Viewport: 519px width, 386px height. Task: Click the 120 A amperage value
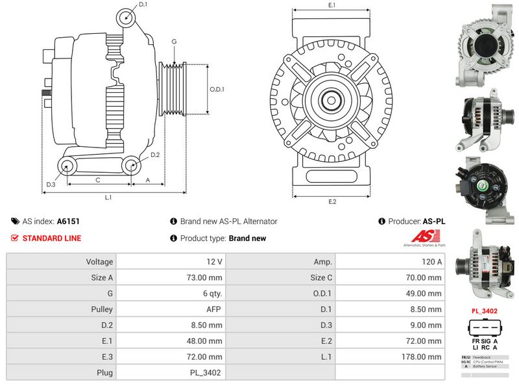click(x=430, y=262)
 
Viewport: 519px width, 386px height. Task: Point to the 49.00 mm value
click(x=426, y=294)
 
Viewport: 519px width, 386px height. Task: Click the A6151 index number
click(x=68, y=222)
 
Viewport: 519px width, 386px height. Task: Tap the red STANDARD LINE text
click(x=52, y=238)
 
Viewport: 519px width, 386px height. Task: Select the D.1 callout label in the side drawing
click(x=143, y=5)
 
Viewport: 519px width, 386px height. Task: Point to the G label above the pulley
click(x=174, y=42)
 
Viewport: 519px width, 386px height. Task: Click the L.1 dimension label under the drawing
click(x=108, y=197)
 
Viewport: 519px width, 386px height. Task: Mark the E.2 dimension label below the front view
click(x=332, y=201)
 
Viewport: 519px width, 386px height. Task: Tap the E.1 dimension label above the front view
click(x=332, y=5)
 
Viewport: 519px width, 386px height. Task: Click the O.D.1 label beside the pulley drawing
click(x=217, y=90)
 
